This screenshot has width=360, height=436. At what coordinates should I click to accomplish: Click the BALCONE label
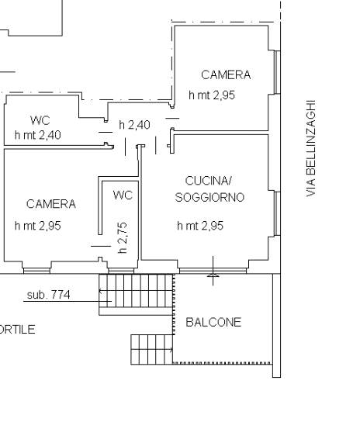pyautogui.click(x=213, y=322)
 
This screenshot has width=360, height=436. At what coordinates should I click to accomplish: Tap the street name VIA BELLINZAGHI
pyautogui.click(x=311, y=148)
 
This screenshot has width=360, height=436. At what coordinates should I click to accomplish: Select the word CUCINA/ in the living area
pyautogui.click(x=208, y=181)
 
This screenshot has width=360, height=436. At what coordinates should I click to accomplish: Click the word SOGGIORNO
pyautogui.click(x=209, y=197)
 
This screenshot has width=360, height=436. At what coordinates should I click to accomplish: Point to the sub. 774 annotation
pyautogui.click(x=48, y=295)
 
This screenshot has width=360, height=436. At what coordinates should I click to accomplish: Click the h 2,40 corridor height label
pyautogui.click(x=134, y=125)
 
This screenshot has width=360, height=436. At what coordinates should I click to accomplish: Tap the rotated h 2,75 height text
pyautogui.click(x=123, y=237)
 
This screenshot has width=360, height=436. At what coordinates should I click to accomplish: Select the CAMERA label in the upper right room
pyautogui.click(x=226, y=74)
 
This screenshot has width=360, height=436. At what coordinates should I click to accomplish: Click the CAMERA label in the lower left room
pyautogui.click(x=51, y=204)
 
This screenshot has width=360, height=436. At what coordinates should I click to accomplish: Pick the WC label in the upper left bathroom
pyautogui.click(x=40, y=120)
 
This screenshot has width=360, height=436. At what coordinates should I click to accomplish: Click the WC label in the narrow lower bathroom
pyautogui.click(x=123, y=196)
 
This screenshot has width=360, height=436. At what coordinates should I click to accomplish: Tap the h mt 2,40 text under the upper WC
pyautogui.click(x=38, y=135)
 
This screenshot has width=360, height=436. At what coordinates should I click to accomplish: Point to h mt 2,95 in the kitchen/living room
pyautogui.click(x=200, y=226)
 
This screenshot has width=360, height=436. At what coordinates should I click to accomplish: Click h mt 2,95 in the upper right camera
pyautogui.click(x=212, y=95)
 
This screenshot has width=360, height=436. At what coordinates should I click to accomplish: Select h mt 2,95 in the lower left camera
pyautogui.click(x=38, y=226)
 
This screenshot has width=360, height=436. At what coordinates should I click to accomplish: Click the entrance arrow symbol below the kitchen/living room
pyautogui.click(x=213, y=271)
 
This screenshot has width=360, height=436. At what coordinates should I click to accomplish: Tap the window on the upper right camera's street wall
pyautogui.click(x=277, y=72)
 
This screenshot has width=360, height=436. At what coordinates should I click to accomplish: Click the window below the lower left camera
pyautogui.click(x=36, y=271)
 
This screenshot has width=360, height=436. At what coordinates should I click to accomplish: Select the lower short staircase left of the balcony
pyautogui.click(x=152, y=350)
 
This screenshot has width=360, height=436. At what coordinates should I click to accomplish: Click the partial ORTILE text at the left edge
pyautogui.click(x=18, y=330)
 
